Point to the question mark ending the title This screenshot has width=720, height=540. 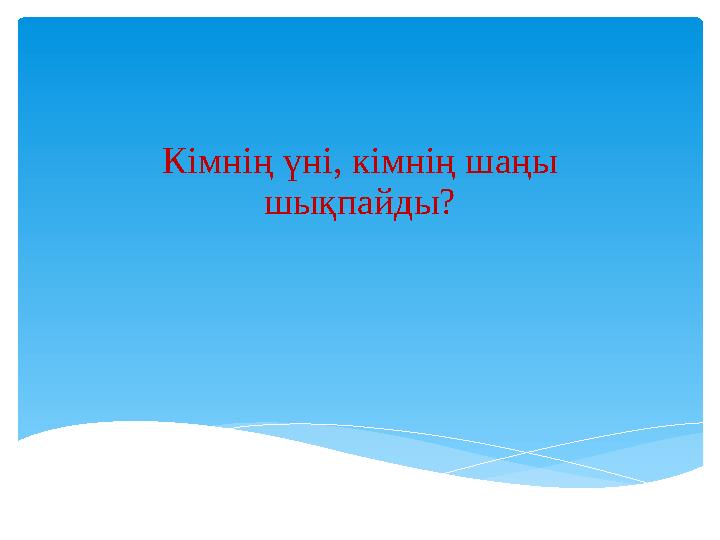click(448, 204)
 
